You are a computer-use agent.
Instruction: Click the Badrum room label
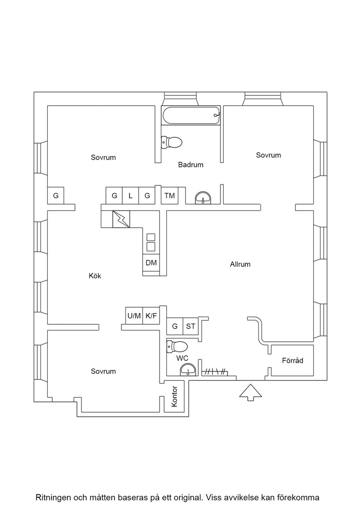[190, 165]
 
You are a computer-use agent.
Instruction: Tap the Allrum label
[240, 264]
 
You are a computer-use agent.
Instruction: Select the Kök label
[95, 275]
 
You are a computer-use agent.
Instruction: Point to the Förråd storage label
[292, 360]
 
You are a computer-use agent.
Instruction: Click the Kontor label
[175, 396]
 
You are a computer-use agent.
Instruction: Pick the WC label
[182, 359]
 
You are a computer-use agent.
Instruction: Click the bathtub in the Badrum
[191, 115]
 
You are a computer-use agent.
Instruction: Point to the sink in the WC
[188, 370]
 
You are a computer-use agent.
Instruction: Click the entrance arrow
[250, 392]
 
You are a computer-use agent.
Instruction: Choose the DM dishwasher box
[151, 263]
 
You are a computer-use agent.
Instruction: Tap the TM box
[170, 195]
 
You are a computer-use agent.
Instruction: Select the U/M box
[134, 315]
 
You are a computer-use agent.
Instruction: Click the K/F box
[151, 315]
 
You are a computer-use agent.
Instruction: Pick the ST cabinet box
[190, 326]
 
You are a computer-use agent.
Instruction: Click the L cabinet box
[130, 195]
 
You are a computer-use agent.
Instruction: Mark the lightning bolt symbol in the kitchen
[121, 219]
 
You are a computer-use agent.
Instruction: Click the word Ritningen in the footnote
[54, 497]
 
